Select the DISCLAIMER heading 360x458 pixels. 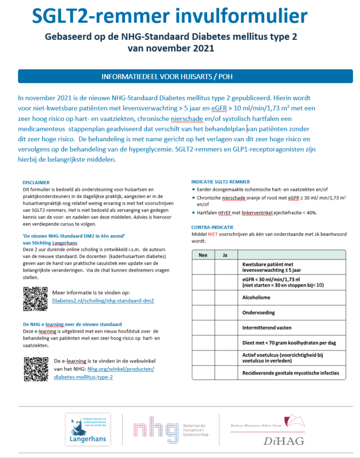click(x=37, y=183)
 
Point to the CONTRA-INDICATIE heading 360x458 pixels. click(x=213, y=227)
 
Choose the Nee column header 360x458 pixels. click(x=203, y=255)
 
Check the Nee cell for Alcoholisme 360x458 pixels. click(x=203, y=298)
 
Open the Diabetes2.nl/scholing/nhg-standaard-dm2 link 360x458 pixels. click(x=103, y=300)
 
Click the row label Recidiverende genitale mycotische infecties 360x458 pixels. click(x=291, y=373)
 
